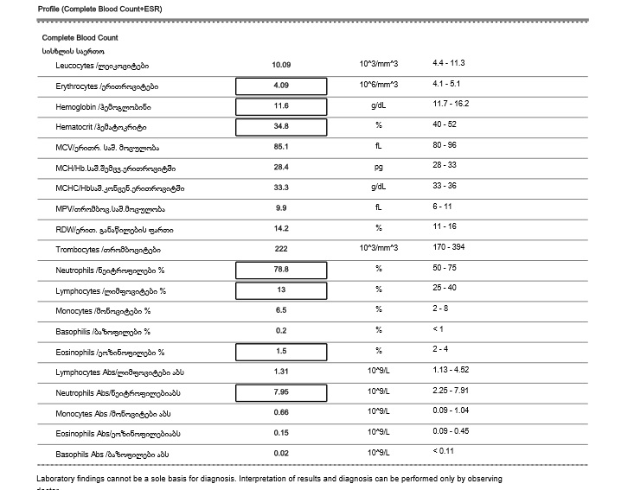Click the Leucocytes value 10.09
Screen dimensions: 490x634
pos(281,65)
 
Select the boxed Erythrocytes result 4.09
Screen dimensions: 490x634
pos(281,86)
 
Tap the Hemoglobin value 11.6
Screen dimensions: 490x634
pos(281,106)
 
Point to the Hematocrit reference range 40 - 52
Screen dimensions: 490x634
pos(446,126)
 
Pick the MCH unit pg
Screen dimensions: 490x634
pos(378,167)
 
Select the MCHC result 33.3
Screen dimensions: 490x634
pos(281,188)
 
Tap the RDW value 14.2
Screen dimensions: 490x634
pos(281,229)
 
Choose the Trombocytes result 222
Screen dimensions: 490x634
pos(281,250)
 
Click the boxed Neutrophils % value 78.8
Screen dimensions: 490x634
pos(281,270)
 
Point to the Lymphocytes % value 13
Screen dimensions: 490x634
pos(281,290)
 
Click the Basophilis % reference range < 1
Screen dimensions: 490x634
pos(439,330)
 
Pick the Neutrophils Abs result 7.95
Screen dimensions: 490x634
pos(281,393)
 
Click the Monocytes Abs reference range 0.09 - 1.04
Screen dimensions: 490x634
pos(451,411)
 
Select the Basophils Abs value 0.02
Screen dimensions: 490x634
pos(281,454)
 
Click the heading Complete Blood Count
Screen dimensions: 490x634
pos(80,38)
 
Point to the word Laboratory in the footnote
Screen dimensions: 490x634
pos(58,479)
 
